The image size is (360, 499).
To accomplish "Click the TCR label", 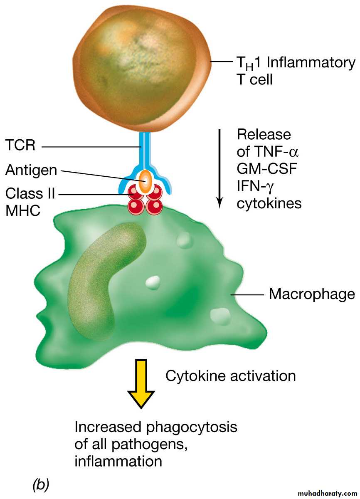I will tap(20, 146).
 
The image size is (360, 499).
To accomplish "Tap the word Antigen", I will tap(32, 170).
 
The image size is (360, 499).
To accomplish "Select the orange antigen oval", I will tap(145, 181).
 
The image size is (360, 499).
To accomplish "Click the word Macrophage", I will tap(312, 294).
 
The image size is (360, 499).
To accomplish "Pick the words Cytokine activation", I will tap(231, 376).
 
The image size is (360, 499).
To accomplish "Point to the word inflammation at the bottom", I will tap(118, 462).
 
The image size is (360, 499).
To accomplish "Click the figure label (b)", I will tap(40, 484).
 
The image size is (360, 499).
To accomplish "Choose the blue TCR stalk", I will tap(145, 150).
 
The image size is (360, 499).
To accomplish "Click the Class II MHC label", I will tap(30, 202).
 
